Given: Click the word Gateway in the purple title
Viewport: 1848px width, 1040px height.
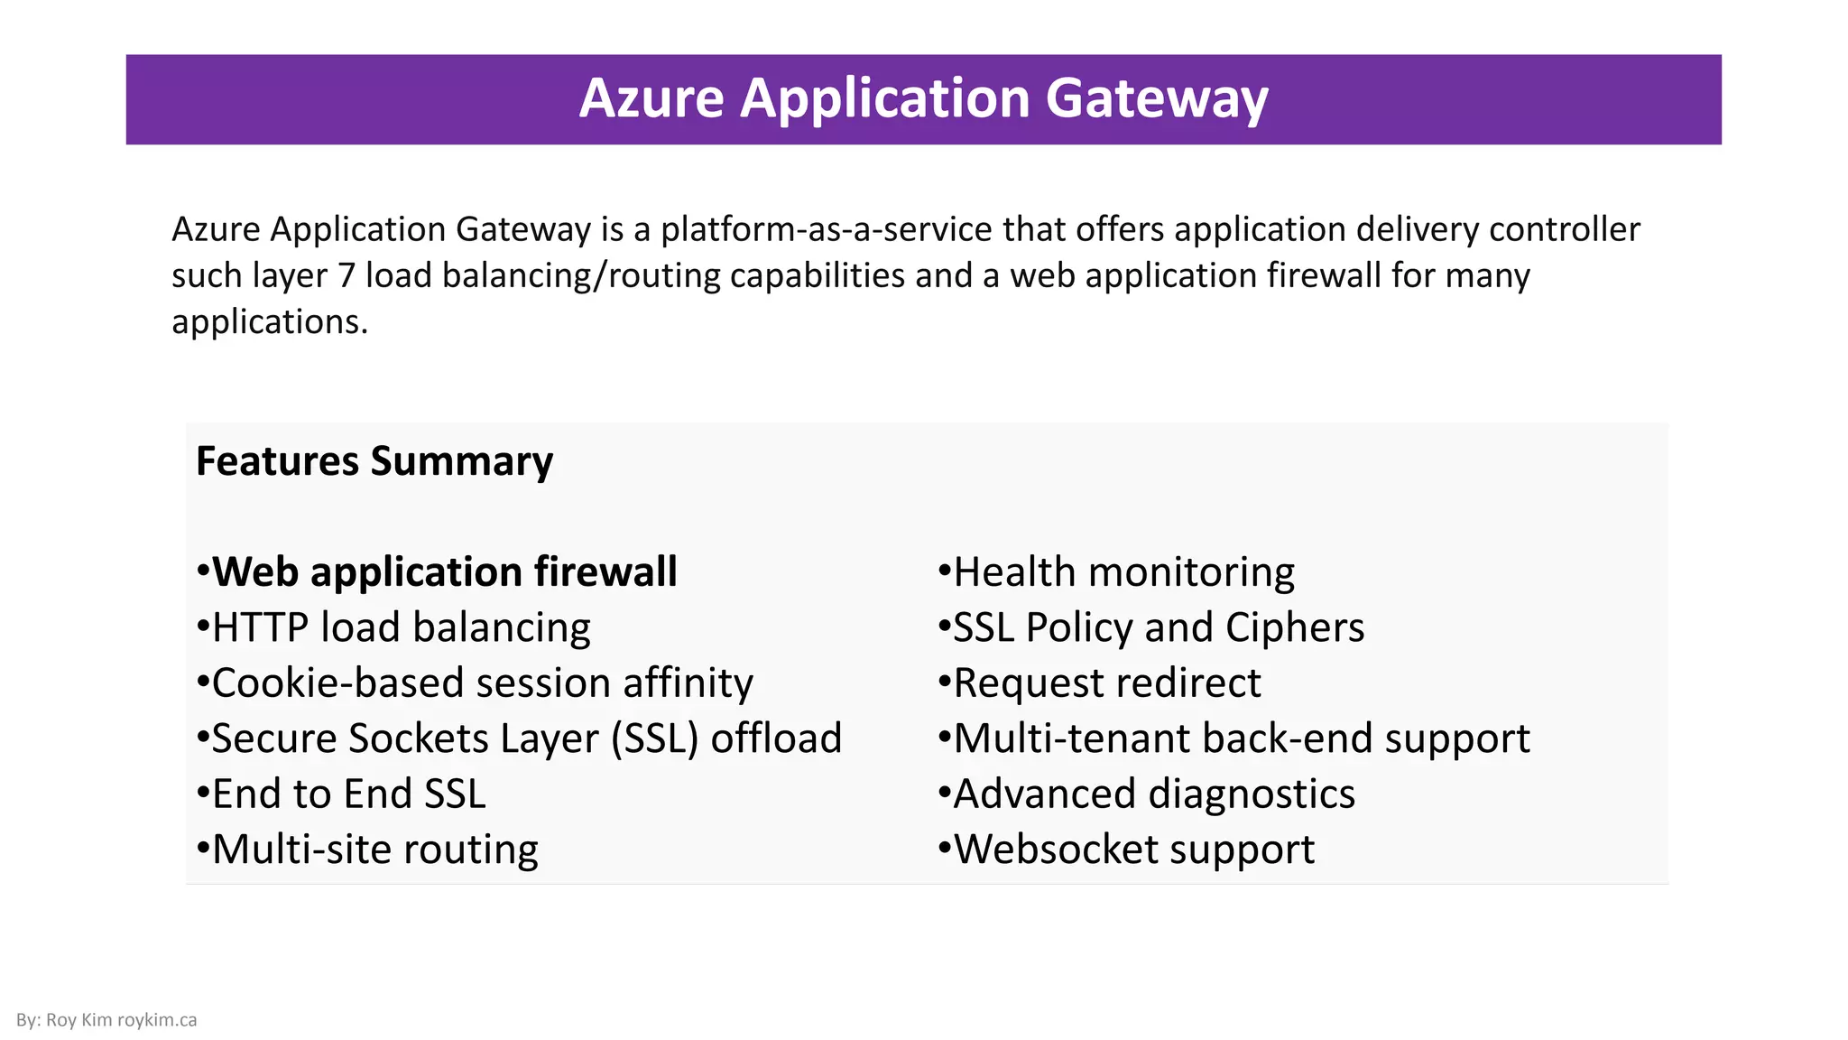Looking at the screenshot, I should [x=1157, y=98].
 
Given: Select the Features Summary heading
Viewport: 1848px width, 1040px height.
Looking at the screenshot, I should [x=374, y=461].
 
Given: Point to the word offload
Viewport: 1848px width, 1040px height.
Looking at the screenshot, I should [x=776, y=738].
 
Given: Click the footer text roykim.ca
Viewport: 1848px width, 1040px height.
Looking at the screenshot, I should [x=157, y=1020].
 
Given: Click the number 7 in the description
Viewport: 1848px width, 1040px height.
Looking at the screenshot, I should [x=346, y=276].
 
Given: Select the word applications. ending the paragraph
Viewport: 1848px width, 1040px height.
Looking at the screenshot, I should [x=270, y=322].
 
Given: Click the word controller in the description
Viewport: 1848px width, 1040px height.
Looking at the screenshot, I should [x=1564, y=230].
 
